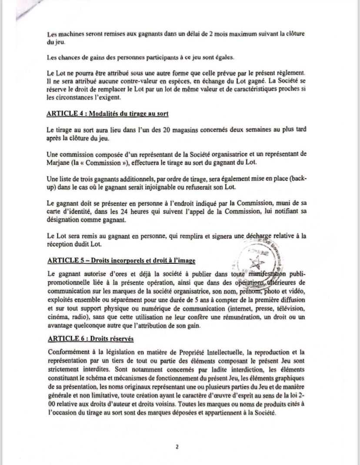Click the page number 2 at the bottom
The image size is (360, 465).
pyautogui.click(x=177, y=446)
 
